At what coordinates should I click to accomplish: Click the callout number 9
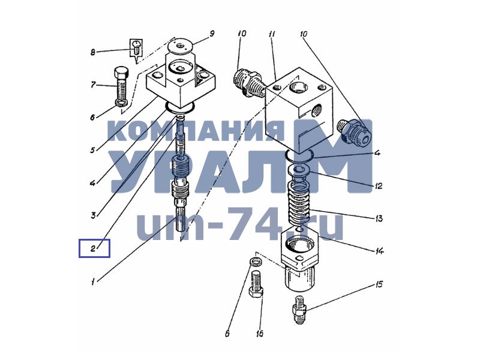point(212,34)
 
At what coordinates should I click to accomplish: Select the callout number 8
point(93,52)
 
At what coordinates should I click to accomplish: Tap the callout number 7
point(93,85)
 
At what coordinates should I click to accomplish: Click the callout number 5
point(93,150)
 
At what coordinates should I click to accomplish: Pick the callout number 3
point(94,215)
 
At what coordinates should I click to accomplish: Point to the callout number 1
point(93,281)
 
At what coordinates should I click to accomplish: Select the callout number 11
point(272,34)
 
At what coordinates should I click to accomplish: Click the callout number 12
point(379,186)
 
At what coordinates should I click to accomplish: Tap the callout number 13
point(379,218)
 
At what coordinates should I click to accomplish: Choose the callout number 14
point(380,251)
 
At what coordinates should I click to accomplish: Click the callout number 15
point(379,284)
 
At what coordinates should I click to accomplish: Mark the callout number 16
point(259,334)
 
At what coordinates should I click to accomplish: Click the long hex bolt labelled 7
point(121,86)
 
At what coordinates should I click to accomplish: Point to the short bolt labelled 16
point(256,284)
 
